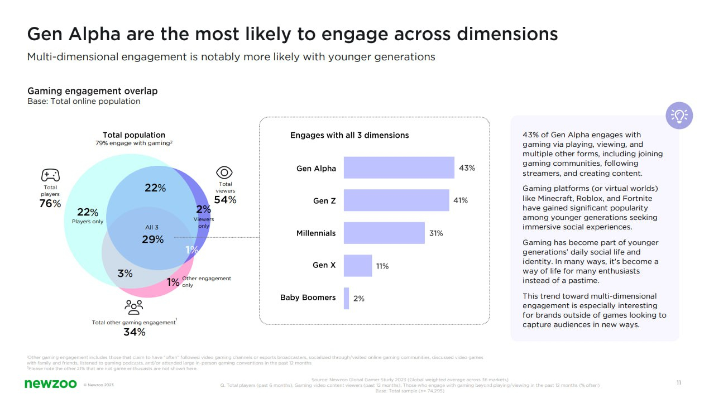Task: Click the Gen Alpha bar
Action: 399,167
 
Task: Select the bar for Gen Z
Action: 396,200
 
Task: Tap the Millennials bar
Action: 384,233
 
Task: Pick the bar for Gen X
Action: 357,266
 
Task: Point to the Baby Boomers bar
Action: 346,298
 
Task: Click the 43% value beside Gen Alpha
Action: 467,168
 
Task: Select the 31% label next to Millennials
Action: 436,233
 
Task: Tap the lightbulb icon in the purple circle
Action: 679,116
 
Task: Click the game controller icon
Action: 51,175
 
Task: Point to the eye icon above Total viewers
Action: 224,172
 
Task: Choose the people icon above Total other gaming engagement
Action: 134,306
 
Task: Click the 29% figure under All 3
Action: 152,239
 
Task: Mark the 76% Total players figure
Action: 50,204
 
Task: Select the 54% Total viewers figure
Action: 225,200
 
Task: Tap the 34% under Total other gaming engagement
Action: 134,332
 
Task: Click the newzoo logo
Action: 50,383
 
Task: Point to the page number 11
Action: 678,383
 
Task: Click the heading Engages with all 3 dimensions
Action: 349,135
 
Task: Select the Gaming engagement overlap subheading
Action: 93,91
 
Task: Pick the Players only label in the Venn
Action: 88,222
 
